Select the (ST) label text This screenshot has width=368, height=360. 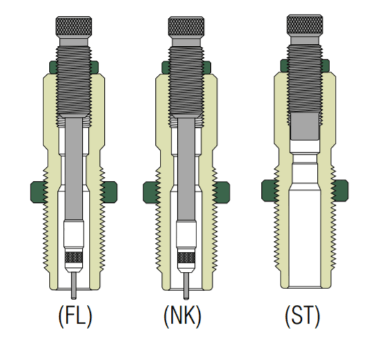click(x=302, y=317)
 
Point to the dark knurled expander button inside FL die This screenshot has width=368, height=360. click(x=72, y=261)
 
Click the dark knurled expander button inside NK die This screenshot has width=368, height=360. click(x=185, y=261)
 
